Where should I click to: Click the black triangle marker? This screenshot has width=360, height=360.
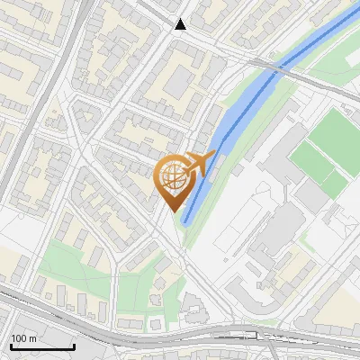tap(181, 24)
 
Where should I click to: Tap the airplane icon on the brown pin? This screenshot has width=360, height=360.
tap(198, 164)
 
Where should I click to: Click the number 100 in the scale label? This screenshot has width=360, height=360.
tap(20, 338)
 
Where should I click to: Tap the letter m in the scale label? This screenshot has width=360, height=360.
tap(32, 338)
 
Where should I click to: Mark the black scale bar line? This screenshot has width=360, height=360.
tap(42, 347)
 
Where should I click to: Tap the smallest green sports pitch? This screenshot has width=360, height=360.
tap(335, 184)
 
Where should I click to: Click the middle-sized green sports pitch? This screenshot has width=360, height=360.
tap(310, 159)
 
